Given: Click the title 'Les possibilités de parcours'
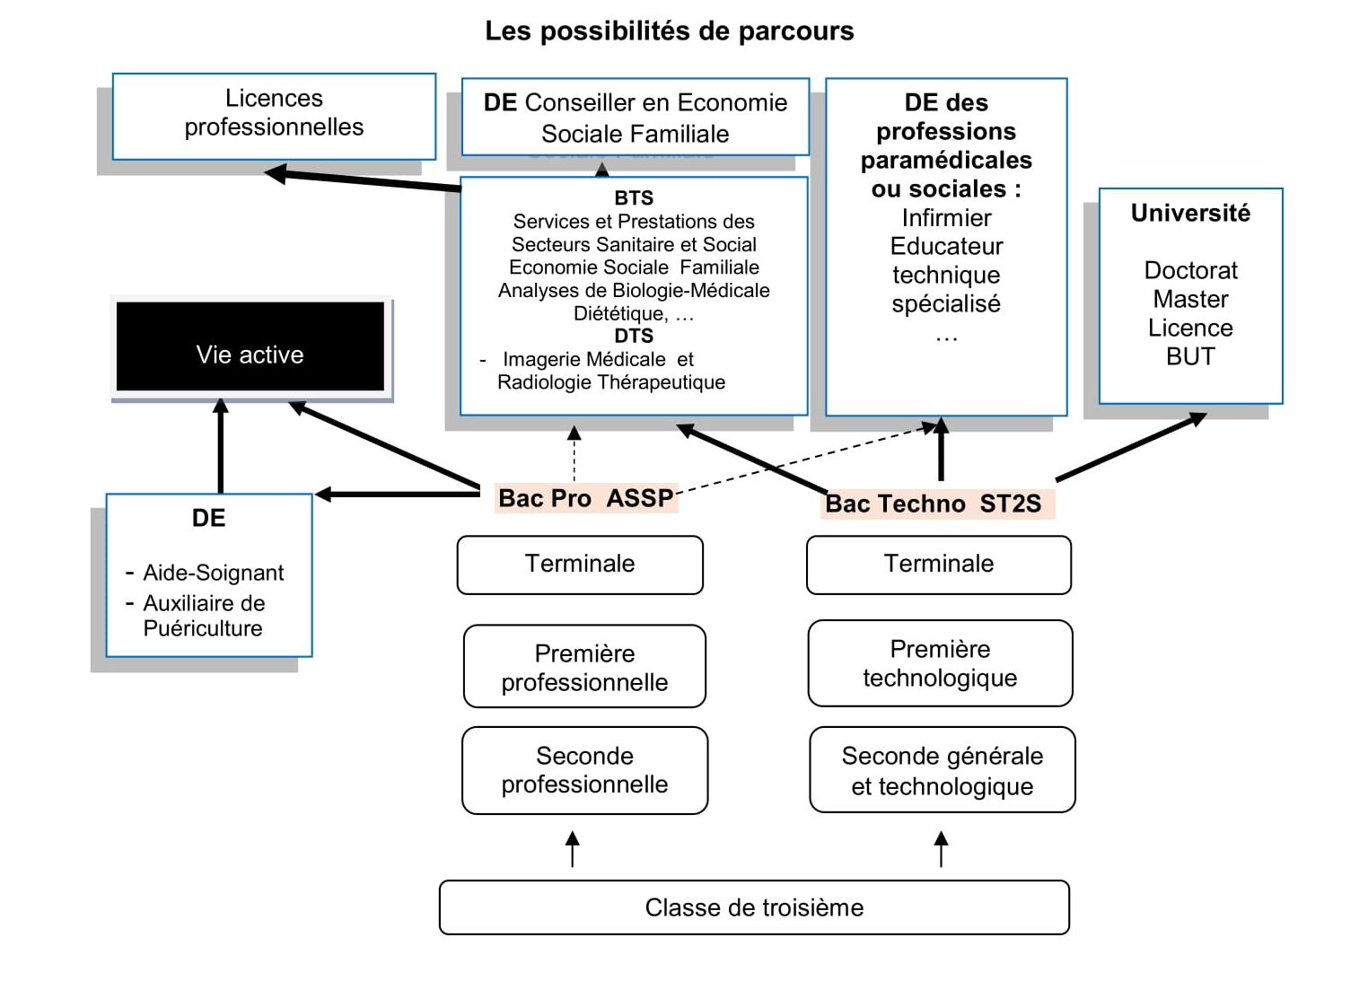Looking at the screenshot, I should [x=669, y=31].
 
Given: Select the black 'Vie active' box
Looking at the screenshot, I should [x=250, y=346].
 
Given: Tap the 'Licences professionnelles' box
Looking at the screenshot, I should [x=274, y=115].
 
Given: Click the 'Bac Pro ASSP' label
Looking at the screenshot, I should [x=585, y=498].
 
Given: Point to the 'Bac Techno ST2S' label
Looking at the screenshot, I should [x=934, y=504].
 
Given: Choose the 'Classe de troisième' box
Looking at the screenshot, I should [x=754, y=907].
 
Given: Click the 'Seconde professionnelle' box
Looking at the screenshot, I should [x=584, y=770].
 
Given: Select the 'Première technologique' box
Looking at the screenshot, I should [x=940, y=663].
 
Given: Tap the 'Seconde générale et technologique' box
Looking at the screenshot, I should [x=942, y=770].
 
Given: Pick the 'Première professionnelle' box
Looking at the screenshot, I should [x=584, y=667].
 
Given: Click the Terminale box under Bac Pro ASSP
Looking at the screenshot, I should [x=580, y=565].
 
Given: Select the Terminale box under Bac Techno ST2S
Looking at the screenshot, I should [x=939, y=565].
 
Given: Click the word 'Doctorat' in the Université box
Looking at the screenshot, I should [x=1190, y=270].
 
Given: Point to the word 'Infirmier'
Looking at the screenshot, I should [x=946, y=218].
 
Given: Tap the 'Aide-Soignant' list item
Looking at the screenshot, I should [x=214, y=573].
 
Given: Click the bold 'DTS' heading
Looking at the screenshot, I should [x=634, y=336].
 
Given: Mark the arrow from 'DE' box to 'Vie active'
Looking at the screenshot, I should [x=221, y=446].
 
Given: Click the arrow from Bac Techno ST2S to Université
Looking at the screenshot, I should [x=1131, y=446].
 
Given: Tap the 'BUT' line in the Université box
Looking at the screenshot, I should [x=1190, y=356].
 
